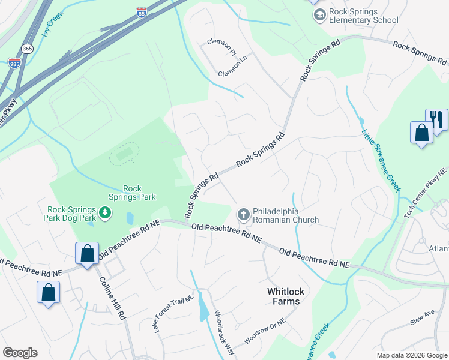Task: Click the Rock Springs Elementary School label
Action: [x=364, y=15]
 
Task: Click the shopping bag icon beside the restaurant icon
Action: [x=421, y=132]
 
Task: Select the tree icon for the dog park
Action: [x=105, y=212]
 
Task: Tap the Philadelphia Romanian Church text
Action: [x=285, y=215]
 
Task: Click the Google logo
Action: [x=20, y=353]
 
